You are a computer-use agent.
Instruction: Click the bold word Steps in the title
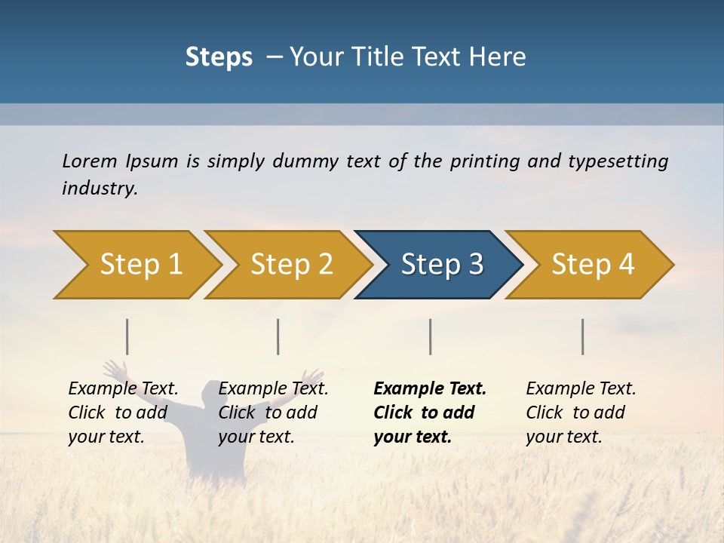click(219, 57)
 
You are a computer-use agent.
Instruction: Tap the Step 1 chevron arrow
click(140, 265)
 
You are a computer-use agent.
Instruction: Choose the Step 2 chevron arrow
click(291, 265)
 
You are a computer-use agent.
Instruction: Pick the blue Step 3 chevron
click(441, 265)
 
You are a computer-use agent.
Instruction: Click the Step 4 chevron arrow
click(592, 265)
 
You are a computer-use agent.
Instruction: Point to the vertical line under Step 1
click(127, 336)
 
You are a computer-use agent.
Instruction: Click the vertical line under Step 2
click(278, 336)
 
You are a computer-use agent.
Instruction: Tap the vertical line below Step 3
click(431, 336)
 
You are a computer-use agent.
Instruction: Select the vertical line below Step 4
click(583, 336)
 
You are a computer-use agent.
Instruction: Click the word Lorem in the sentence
click(90, 161)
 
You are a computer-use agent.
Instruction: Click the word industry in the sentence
click(100, 189)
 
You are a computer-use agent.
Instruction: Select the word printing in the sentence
click(486, 161)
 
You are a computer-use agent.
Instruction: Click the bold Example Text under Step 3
click(430, 389)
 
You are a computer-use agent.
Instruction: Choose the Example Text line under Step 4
click(581, 389)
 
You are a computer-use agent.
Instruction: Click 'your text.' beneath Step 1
click(106, 437)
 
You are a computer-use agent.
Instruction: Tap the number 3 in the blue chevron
click(474, 265)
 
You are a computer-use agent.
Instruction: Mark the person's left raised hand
click(114, 370)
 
